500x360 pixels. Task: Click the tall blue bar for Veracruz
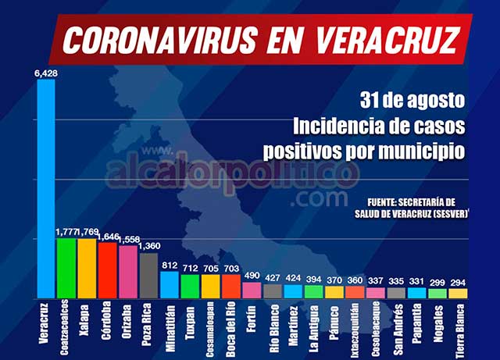tap(46, 187)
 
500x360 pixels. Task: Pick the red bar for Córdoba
tap(108, 270)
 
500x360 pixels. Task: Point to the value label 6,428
tap(46, 73)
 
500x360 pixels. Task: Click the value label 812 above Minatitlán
tap(170, 265)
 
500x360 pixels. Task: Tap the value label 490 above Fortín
tap(252, 276)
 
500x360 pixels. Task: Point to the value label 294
tap(458, 282)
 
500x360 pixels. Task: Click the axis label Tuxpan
tap(190, 322)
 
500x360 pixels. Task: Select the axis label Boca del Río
tap(231, 327)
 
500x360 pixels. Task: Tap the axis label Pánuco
tap(334, 322)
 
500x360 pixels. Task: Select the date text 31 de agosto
tap(412, 101)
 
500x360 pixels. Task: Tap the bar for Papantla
tap(417, 293)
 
